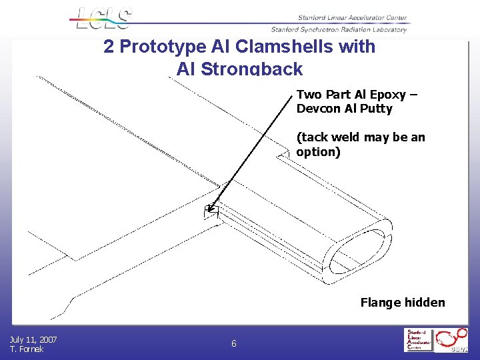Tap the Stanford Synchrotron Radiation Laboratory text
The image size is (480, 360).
[339, 29]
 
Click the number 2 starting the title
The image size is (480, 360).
[109, 47]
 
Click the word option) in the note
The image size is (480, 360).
[318, 152]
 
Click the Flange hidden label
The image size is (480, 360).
[402, 303]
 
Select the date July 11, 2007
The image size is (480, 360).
[33, 340]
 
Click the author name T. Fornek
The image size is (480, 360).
[27, 349]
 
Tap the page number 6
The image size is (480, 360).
[233, 344]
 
